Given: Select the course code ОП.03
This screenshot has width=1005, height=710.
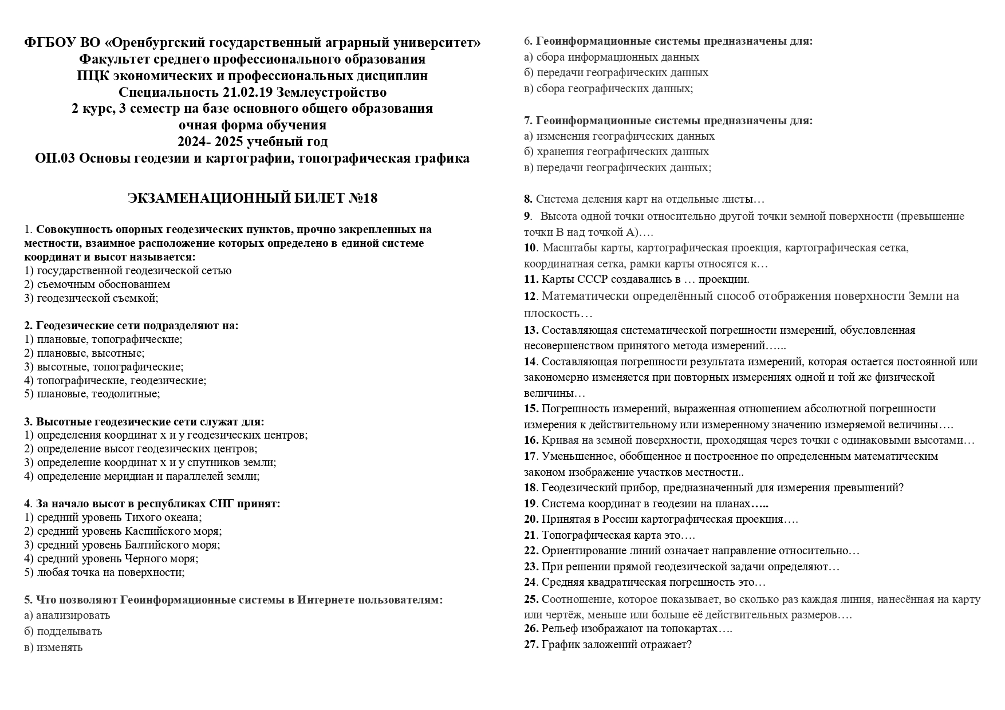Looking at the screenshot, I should point(55,158).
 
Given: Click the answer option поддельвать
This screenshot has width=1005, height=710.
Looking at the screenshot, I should point(69,632).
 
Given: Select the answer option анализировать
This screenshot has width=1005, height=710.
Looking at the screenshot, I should point(73,616).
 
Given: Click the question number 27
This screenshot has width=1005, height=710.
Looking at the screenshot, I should point(531,645).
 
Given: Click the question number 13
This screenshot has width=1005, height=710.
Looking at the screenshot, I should point(531,330).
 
